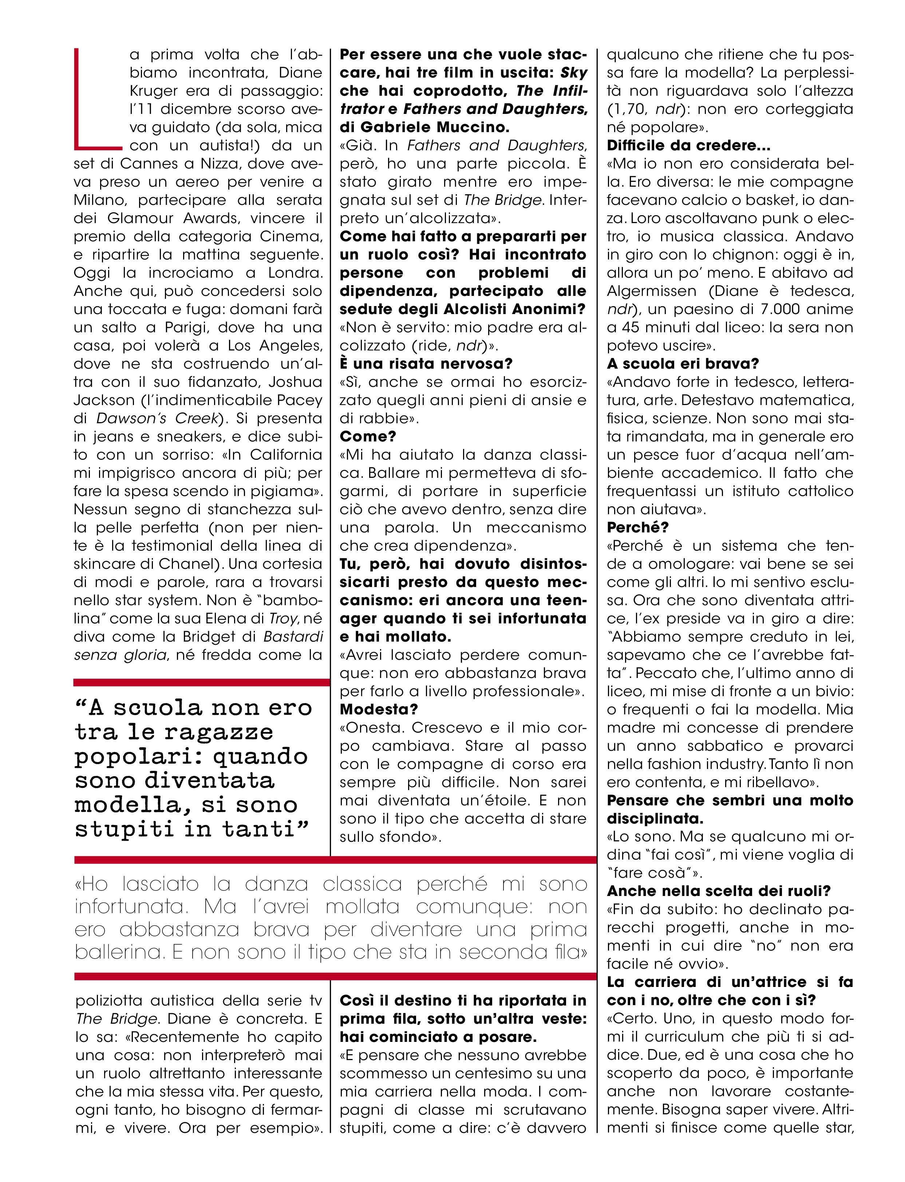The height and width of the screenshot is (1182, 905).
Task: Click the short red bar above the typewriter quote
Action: [x=201, y=682]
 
